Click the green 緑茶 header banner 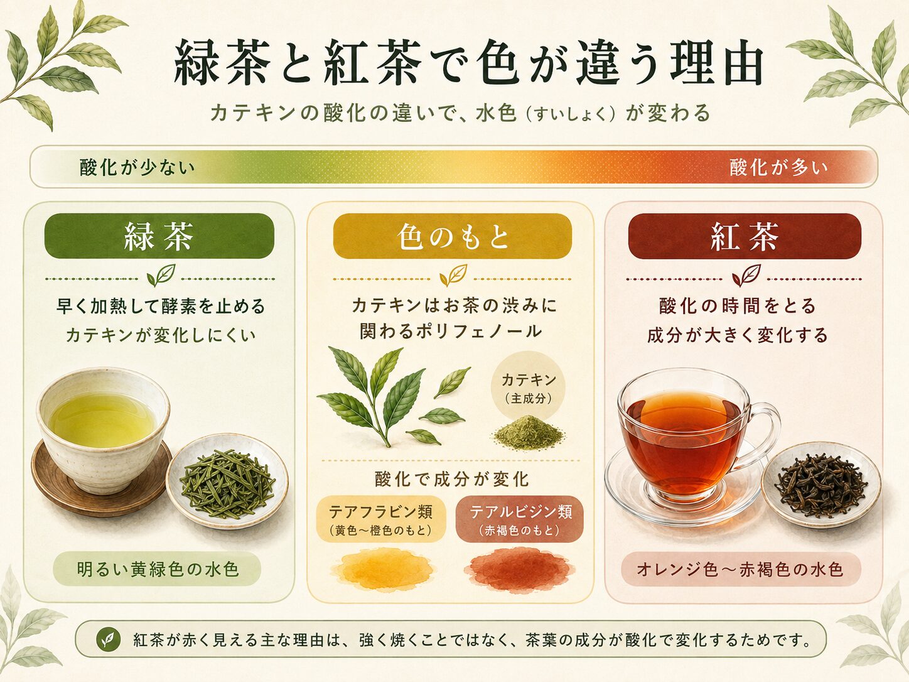[159, 236]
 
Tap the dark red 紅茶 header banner [745, 236]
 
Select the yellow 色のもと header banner [452, 236]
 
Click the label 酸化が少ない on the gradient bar [137, 168]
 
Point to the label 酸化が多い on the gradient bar [778, 168]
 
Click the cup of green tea [103, 431]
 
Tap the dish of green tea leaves [227, 480]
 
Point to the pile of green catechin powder [529, 433]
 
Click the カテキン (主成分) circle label [529, 388]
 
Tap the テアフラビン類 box [380, 519]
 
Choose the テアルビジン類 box [520, 519]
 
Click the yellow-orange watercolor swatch [382, 569]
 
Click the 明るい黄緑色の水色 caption [158, 569]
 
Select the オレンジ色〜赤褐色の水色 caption [741, 569]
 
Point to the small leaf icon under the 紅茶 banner [746, 275]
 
